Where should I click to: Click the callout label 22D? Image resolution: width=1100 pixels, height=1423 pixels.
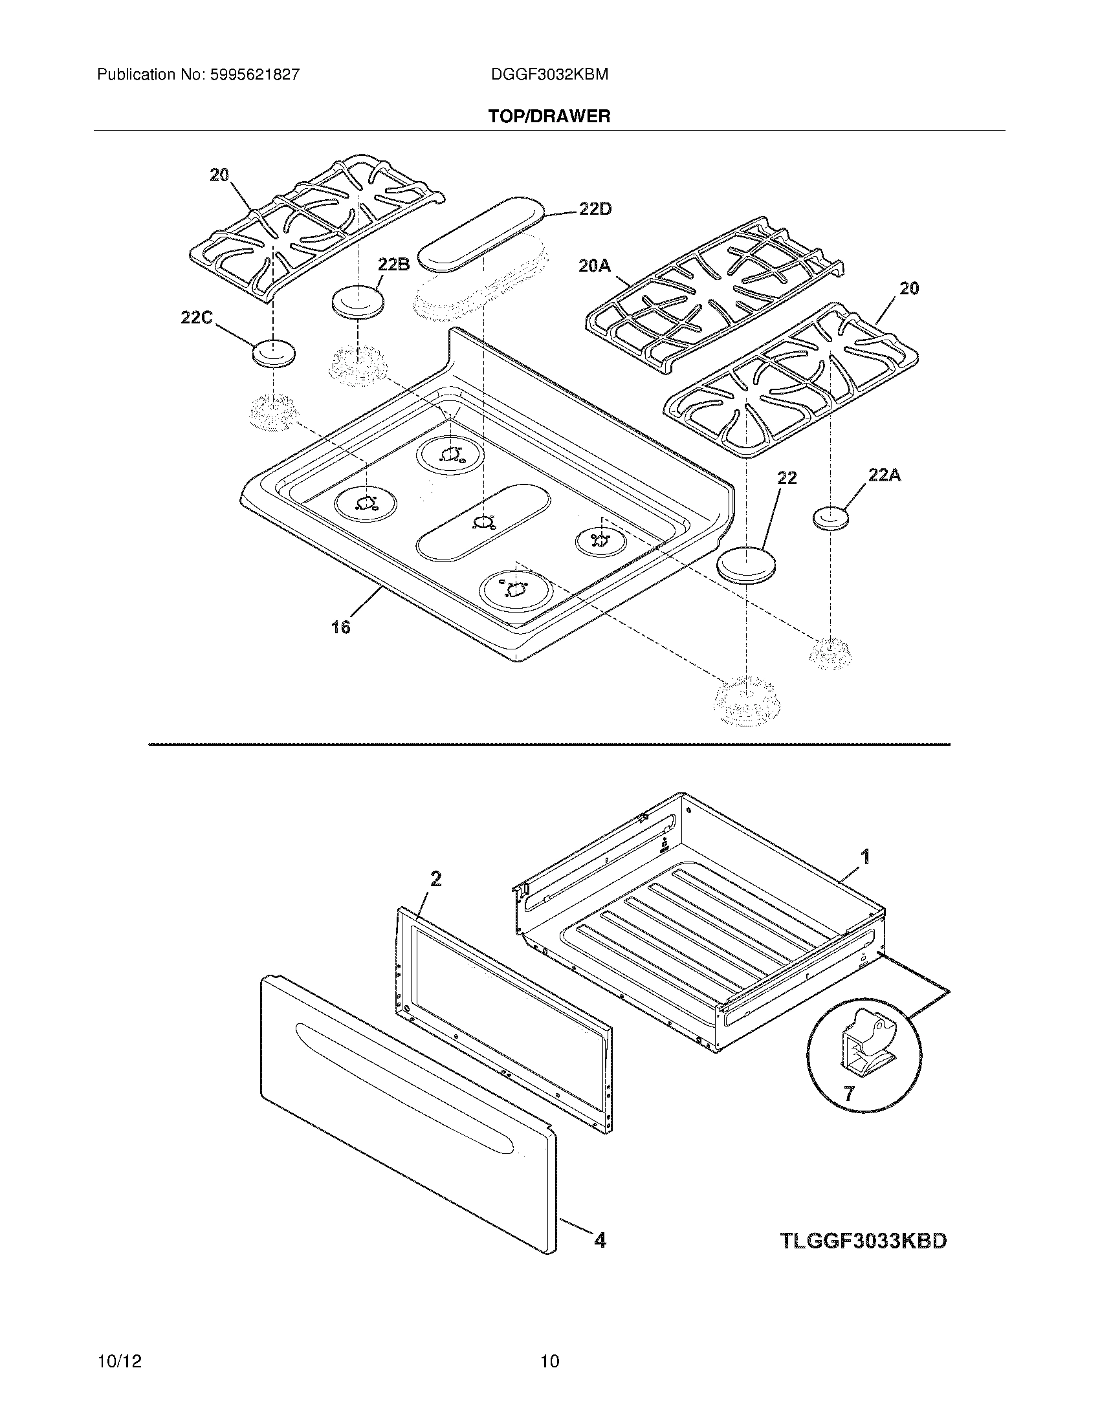(595, 210)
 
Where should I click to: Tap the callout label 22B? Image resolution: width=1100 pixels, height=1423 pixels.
(393, 265)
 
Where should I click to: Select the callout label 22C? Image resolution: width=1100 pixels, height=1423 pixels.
(196, 318)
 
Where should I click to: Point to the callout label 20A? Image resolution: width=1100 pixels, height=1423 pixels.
(594, 266)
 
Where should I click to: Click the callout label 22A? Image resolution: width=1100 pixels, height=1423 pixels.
(885, 475)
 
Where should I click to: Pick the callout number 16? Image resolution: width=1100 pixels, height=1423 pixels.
(340, 627)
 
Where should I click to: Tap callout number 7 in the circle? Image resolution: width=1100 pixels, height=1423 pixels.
(848, 1093)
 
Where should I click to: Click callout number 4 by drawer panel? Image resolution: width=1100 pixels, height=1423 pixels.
(600, 1241)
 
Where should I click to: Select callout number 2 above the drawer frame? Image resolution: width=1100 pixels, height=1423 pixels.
(435, 880)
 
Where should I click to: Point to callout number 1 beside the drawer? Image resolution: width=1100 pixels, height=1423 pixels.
(865, 856)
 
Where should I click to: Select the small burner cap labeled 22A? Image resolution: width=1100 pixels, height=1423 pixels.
(831, 519)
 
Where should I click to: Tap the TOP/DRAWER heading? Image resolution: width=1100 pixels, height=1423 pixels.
(549, 116)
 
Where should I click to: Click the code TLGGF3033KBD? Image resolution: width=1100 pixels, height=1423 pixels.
(863, 1241)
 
